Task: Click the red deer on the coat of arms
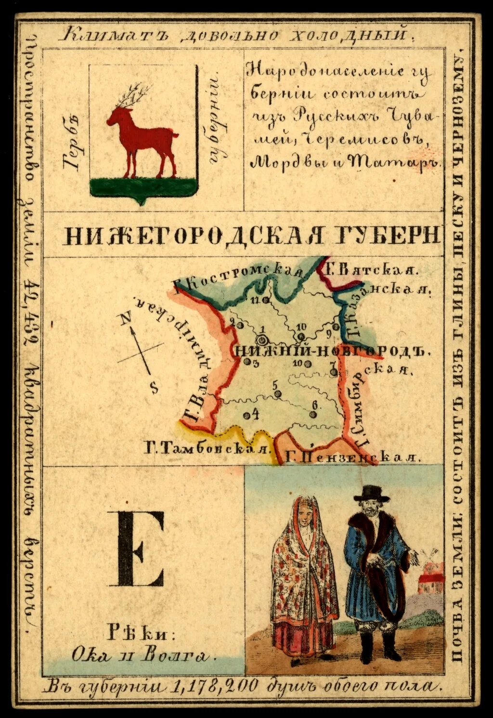tap(142, 137)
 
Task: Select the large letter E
tap(136, 549)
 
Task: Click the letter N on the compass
tap(126, 318)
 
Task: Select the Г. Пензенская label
tap(351, 457)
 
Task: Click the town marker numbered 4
tap(247, 415)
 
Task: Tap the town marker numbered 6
tap(313, 414)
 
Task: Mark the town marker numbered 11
tap(266, 301)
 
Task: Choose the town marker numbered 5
tap(277, 394)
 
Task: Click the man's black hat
tap(371, 493)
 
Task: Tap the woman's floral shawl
tap(304, 568)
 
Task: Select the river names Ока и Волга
tap(141, 656)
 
